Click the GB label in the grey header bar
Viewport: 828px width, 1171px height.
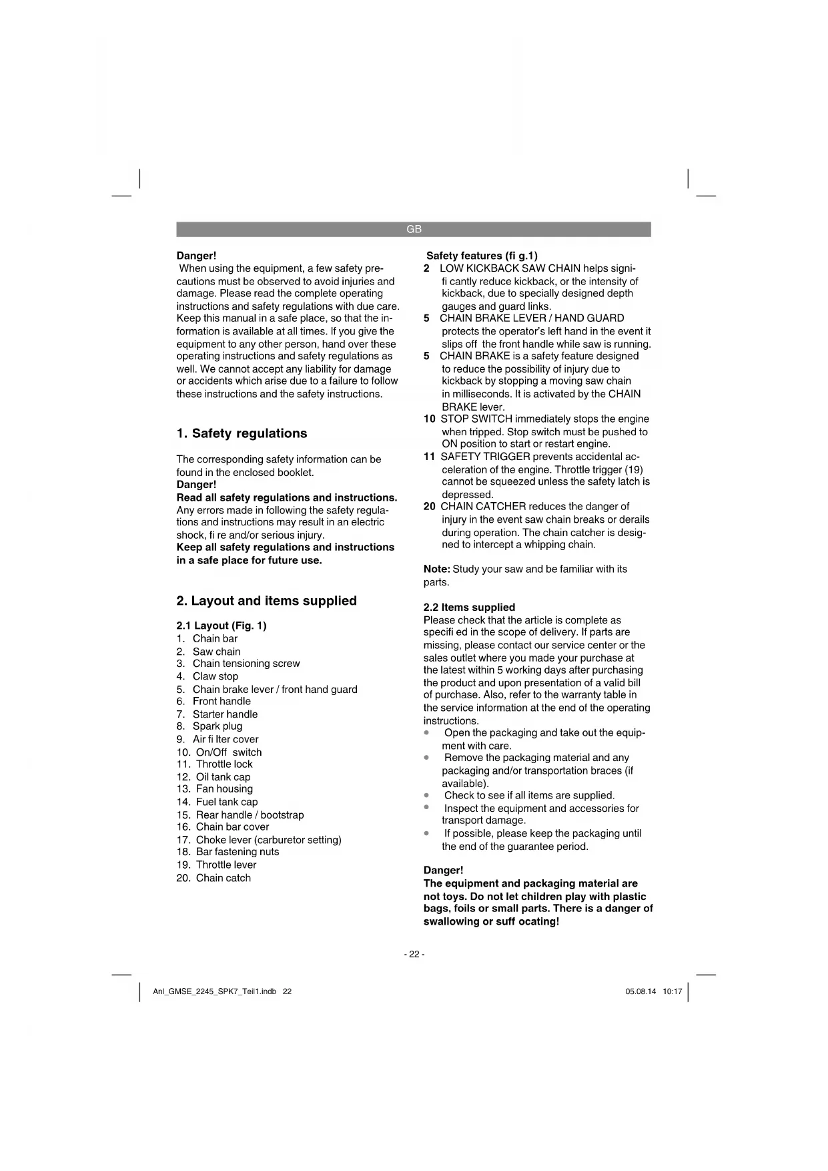(414, 229)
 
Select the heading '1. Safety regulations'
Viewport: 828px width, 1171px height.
(242, 433)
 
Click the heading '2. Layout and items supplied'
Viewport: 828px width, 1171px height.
(266, 601)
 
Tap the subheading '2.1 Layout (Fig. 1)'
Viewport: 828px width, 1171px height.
(221, 626)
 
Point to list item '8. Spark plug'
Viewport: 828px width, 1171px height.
(210, 726)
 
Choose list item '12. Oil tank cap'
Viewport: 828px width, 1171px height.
(214, 777)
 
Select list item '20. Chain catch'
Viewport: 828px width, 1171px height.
(214, 878)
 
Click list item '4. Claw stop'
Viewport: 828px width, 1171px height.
(208, 676)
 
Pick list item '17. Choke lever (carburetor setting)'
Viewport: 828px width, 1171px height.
(259, 840)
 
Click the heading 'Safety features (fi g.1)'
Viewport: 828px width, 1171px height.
(482, 256)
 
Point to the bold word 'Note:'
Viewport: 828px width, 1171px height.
(437, 569)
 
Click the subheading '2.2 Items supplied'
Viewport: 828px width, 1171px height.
(469, 608)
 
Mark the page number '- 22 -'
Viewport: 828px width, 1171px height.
(414, 954)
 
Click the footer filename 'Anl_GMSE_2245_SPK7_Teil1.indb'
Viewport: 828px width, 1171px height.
(214, 991)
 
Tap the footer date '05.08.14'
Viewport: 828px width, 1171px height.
(641, 991)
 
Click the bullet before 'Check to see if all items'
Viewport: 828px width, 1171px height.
(426, 795)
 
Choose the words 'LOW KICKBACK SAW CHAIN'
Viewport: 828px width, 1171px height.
(510, 268)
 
